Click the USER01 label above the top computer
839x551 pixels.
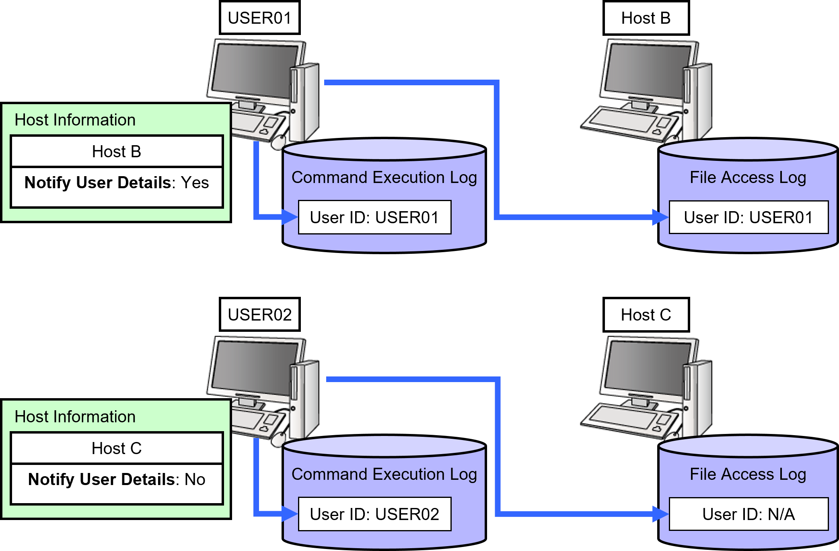tap(259, 18)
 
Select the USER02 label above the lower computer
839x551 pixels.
tap(259, 315)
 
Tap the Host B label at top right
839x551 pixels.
tap(646, 18)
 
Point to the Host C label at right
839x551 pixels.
tap(646, 315)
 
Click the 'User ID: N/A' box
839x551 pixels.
tap(749, 514)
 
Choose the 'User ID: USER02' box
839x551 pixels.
tap(374, 514)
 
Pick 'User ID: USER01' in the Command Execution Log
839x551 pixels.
tap(374, 217)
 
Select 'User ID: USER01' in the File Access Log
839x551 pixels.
tap(749, 217)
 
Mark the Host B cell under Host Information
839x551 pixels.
tap(117, 152)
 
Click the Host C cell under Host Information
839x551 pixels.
tap(117, 448)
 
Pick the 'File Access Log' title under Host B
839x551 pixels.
tap(748, 177)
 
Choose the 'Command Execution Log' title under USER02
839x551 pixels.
tap(384, 474)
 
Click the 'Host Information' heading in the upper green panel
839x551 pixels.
tap(75, 120)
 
